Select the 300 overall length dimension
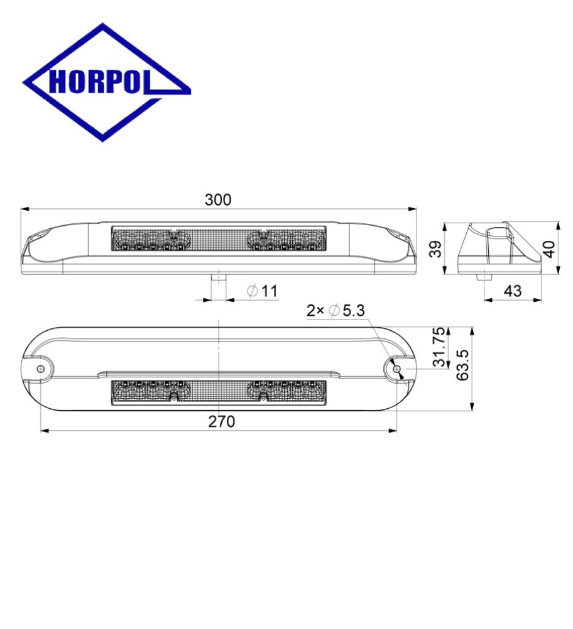(218, 200)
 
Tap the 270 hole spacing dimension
(222, 421)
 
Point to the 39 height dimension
(435, 248)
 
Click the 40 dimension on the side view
(549, 248)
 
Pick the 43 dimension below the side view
(513, 291)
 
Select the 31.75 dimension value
(440, 347)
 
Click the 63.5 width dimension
(463, 365)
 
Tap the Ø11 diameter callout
(263, 291)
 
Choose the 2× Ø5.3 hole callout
(336, 311)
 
